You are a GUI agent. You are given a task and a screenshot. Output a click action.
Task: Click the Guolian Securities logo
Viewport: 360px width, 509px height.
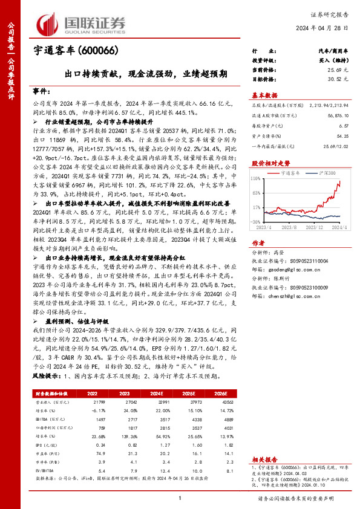pos(82,23)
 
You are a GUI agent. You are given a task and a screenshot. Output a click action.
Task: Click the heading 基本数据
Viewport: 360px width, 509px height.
pos(264,96)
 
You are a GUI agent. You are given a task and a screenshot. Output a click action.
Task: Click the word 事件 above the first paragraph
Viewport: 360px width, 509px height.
pos(41,91)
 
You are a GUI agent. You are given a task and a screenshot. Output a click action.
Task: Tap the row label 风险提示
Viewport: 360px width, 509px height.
pos(47,375)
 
